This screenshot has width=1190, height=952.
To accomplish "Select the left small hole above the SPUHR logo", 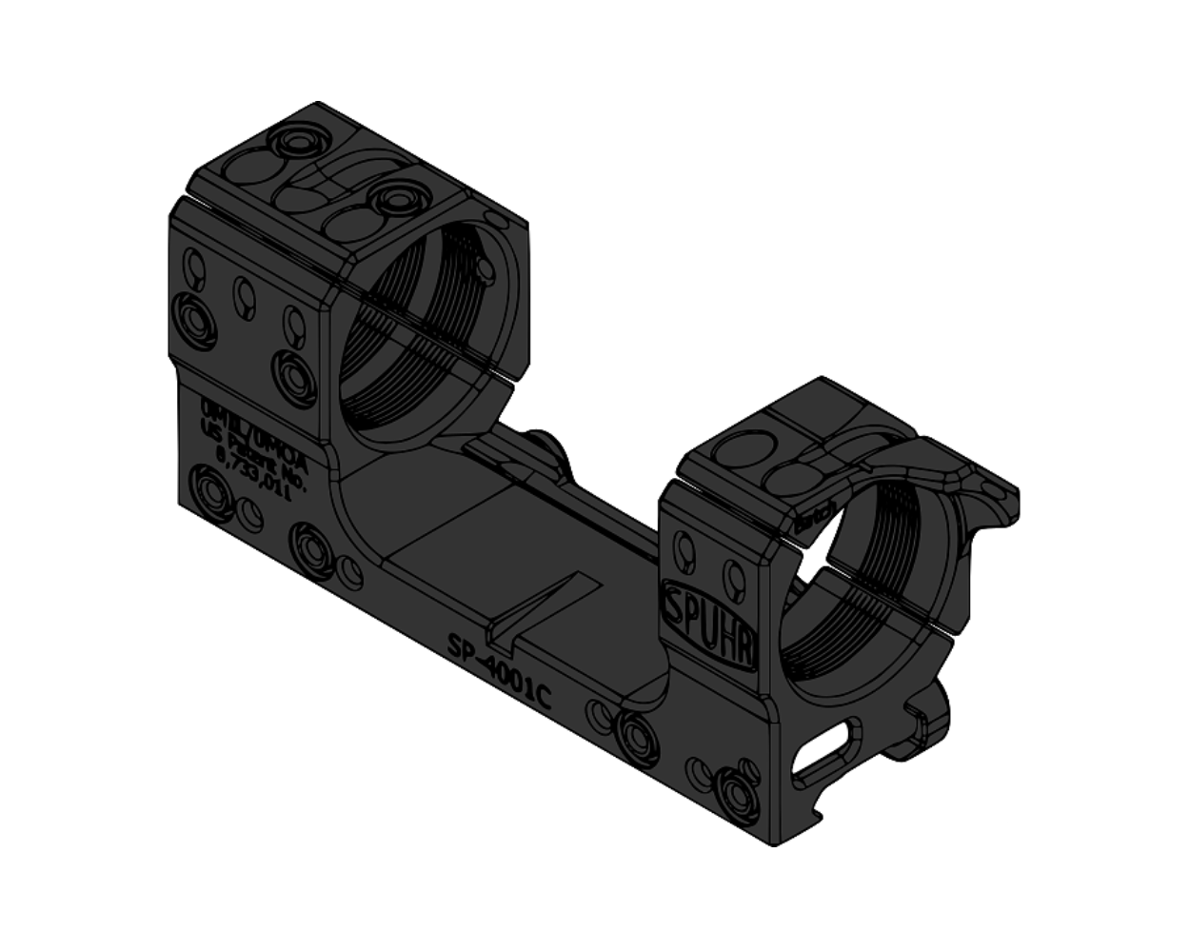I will pos(684,549).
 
